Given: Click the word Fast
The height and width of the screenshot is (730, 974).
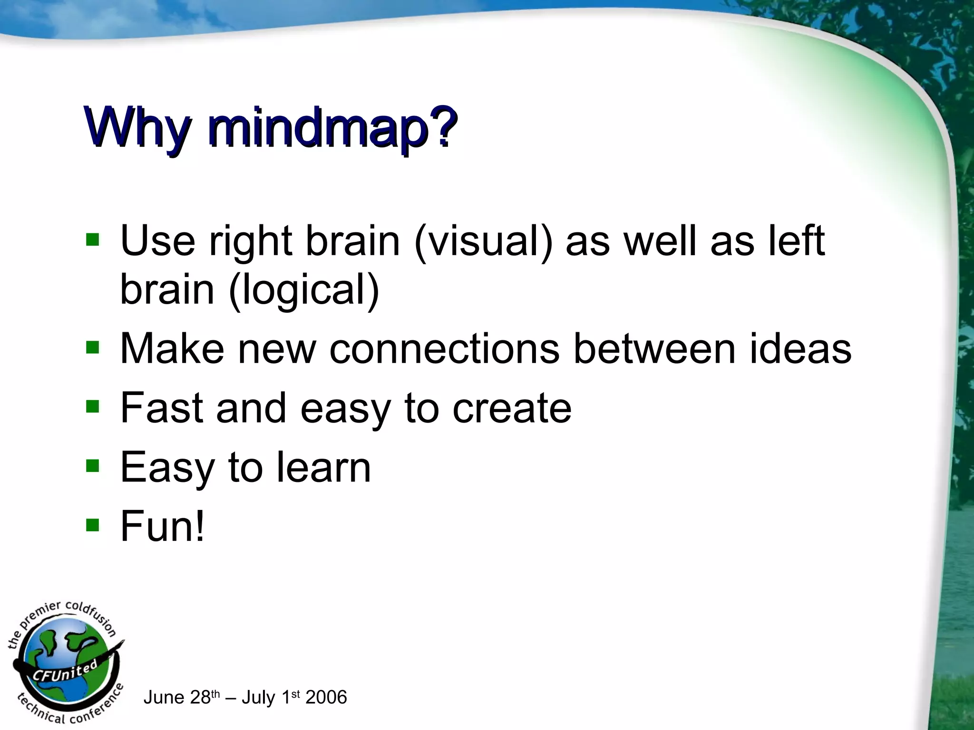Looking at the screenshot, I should point(162,407).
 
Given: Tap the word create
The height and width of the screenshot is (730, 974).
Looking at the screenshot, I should point(512,408).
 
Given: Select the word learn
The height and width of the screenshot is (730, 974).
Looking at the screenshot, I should point(324,467).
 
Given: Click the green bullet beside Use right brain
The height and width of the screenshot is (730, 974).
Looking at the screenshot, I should point(92,240).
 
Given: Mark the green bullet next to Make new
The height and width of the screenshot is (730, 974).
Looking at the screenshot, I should point(92,348).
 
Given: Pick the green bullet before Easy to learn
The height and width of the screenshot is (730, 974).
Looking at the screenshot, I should point(92,466).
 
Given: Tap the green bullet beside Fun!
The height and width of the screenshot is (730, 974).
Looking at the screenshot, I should point(92,526).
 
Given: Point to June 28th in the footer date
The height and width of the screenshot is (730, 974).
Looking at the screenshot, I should point(181,697).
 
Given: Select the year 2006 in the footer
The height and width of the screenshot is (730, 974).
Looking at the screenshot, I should point(326,697).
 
